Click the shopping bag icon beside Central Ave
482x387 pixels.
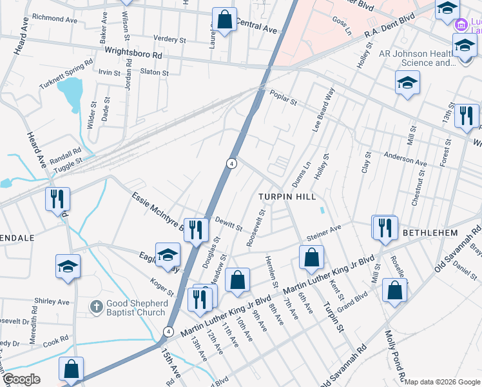click(224, 20)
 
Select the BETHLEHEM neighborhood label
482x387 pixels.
click(430, 232)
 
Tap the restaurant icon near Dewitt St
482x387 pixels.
click(196, 231)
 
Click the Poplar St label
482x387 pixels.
click(284, 97)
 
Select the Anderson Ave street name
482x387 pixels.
click(405, 159)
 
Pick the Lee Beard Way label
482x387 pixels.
click(324, 110)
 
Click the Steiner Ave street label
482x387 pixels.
click(323, 232)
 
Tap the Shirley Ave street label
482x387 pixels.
click(52, 301)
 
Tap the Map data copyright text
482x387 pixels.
click(442, 381)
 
